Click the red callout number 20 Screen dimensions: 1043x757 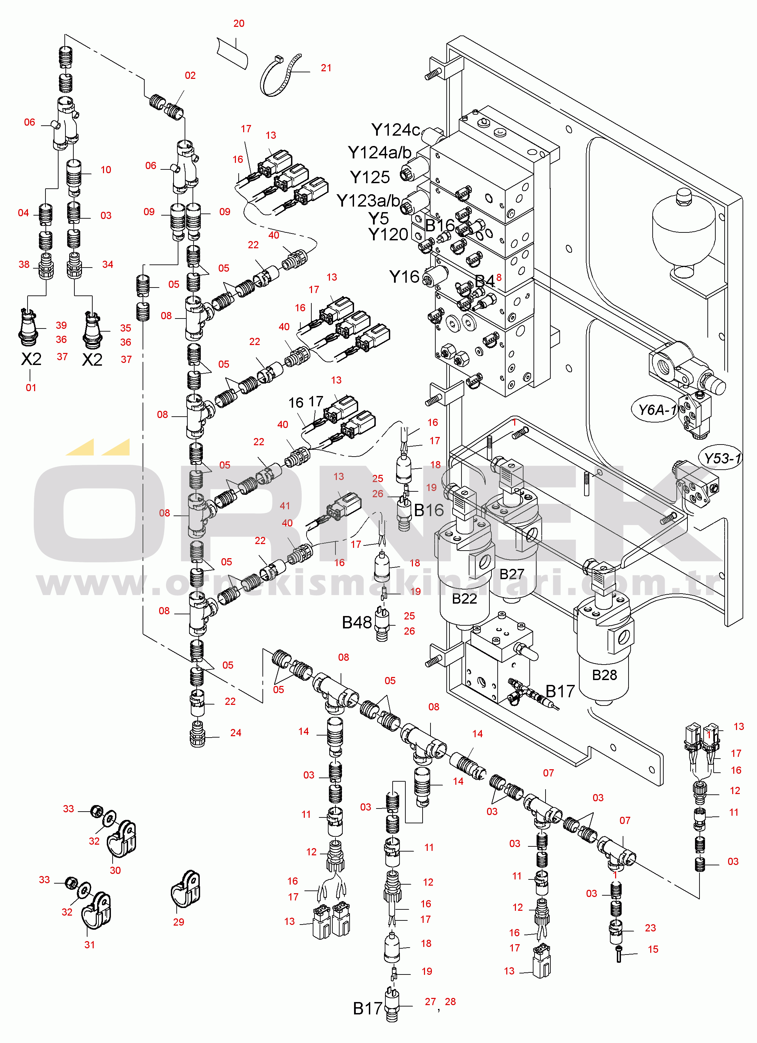click(x=239, y=23)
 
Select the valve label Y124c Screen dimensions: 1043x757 click(x=395, y=130)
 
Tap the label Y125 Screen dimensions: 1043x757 click(x=370, y=177)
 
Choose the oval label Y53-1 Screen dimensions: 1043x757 click(x=723, y=458)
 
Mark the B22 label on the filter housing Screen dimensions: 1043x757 click(x=465, y=599)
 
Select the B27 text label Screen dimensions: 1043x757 click(x=512, y=574)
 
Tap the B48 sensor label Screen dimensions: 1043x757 click(x=357, y=623)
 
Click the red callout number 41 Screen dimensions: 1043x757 click(x=285, y=506)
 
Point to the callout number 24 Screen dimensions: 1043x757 click(x=236, y=733)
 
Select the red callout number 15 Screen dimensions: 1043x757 click(x=653, y=949)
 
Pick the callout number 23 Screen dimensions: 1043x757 click(x=650, y=928)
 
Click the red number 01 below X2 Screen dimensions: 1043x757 click(x=31, y=388)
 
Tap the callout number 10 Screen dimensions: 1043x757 click(x=106, y=170)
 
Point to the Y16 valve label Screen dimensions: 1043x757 click(x=404, y=277)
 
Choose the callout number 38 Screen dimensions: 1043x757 click(x=24, y=264)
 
